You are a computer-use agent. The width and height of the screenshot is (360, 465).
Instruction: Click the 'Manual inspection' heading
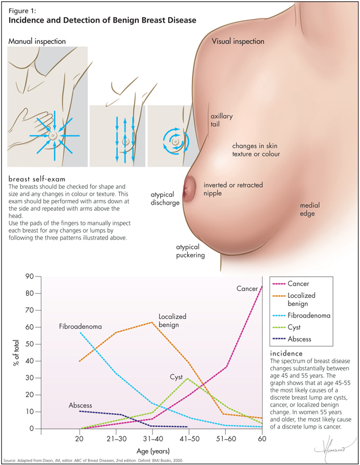pos(37,41)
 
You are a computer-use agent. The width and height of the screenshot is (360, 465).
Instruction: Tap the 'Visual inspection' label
pos(238,41)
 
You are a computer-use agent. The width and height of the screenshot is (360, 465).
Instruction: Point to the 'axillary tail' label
pos(221,120)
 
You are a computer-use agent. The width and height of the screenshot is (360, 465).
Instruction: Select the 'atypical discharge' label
pos(165,199)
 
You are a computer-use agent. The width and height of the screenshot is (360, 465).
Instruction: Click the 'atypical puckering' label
pos(190,250)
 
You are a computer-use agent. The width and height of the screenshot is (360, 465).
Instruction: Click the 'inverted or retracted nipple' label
pos(233,189)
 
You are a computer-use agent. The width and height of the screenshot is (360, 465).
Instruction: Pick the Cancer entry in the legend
pos(308,284)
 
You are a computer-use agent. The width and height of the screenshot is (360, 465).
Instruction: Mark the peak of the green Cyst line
pos(188,379)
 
